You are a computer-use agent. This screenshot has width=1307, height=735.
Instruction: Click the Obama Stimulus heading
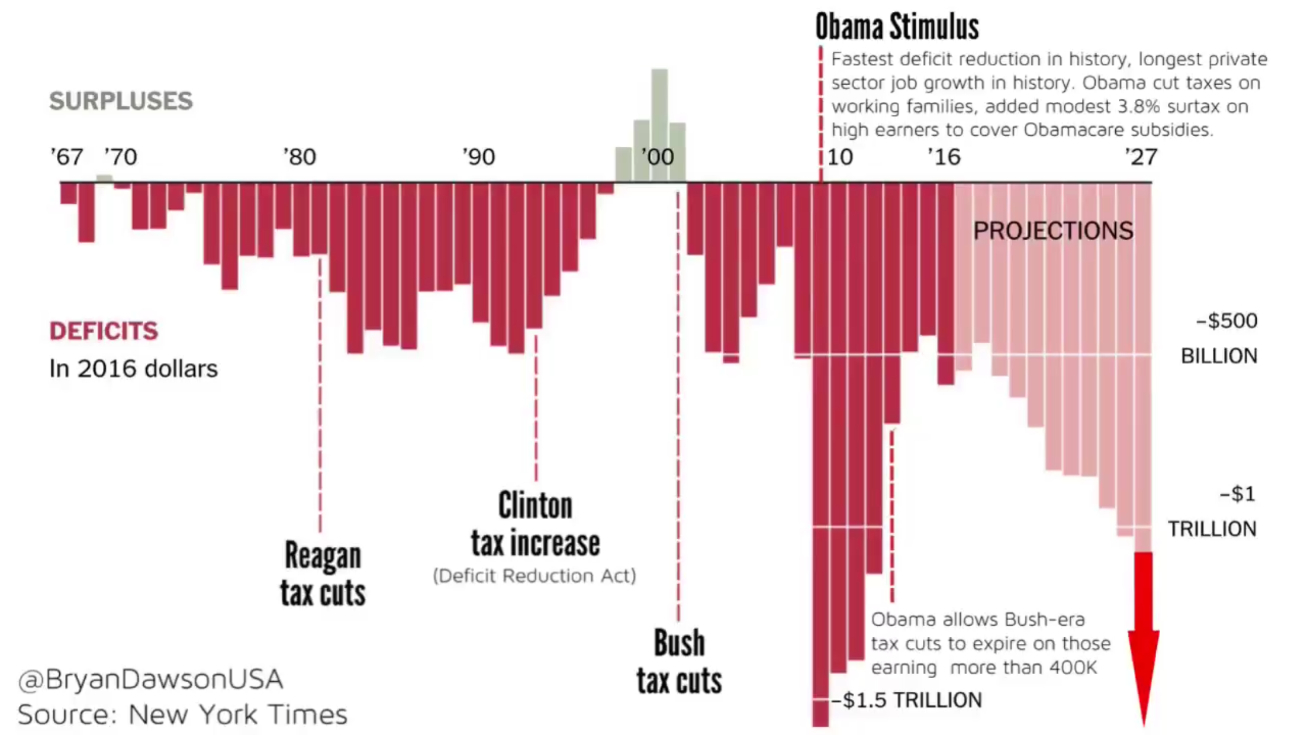coord(897,27)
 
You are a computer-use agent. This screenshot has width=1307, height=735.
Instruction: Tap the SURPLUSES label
coord(121,101)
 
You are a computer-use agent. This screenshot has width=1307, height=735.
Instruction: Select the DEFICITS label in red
coord(104,331)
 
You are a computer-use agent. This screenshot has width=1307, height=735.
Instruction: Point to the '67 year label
coord(66,157)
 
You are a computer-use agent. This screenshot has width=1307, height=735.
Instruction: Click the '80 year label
coord(300,157)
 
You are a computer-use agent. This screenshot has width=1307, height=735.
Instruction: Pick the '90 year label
coord(478,157)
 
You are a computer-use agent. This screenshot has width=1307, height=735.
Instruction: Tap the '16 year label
coord(944,157)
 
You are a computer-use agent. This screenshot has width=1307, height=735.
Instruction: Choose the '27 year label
coord(1141,157)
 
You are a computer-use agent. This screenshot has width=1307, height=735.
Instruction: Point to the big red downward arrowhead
coord(1143,675)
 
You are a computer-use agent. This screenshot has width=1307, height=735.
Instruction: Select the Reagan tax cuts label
coord(323,574)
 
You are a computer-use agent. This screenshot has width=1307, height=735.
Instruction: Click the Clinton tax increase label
coord(535,524)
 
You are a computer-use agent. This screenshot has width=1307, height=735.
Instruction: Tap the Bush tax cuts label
coord(679,662)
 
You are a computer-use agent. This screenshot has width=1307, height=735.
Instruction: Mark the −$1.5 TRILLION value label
coord(907,701)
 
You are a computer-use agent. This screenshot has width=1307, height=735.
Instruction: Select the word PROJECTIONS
coord(1053,231)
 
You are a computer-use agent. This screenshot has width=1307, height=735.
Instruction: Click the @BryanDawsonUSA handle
coord(151,679)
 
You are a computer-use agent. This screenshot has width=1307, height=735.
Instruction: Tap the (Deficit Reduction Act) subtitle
coord(535,576)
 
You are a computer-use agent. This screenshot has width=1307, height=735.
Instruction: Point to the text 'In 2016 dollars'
coord(133,369)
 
